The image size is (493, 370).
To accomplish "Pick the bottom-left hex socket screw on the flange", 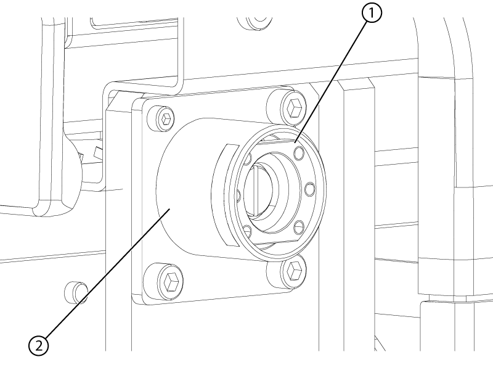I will pyautogui.click(x=168, y=281).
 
